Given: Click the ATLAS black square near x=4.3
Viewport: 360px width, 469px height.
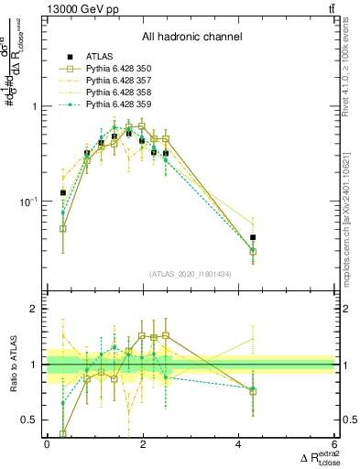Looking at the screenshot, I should pos(253,237).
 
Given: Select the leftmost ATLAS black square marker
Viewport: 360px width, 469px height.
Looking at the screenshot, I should pos(62,193).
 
